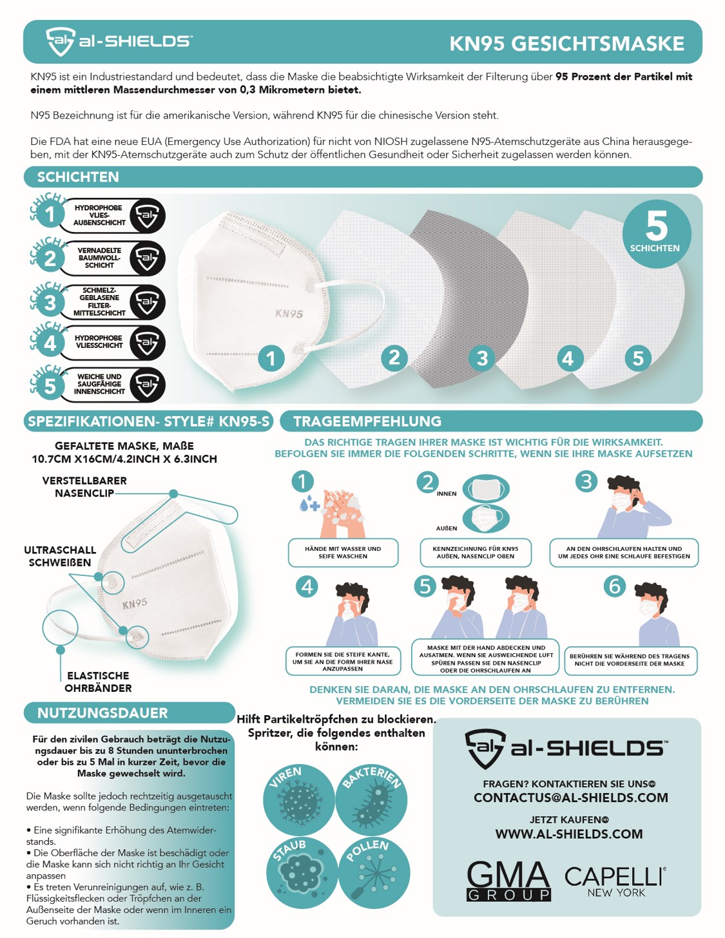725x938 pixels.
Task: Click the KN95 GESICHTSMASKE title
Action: tap(566, 44)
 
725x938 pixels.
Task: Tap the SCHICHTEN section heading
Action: tap(78, 177)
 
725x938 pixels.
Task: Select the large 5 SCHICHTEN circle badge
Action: tap(656, 233)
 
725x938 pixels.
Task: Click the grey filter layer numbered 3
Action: tap(470, 298)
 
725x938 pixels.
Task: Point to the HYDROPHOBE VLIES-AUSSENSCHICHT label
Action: tap(99, 215)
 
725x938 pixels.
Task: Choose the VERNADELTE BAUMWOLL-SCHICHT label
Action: tap(99, 258)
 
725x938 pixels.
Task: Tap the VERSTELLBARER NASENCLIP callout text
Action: tap(84, 487)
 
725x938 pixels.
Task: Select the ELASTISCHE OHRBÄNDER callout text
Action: tap(98, 682)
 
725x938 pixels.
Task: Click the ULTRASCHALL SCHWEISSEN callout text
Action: tap(60, 556)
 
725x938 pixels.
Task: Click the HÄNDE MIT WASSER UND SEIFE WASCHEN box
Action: tap(343, 553)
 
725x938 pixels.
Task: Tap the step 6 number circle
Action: tap(614, 586)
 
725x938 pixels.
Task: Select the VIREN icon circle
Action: tap(299, 799)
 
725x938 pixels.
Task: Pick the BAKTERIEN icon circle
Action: tap(371, 799)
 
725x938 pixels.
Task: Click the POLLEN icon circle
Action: tap(374, 873)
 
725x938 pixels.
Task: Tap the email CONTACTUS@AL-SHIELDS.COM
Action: tap(571, 798)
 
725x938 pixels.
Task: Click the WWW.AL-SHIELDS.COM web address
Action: tap(568, 834)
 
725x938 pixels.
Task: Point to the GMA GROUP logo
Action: tap(508, 881)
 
